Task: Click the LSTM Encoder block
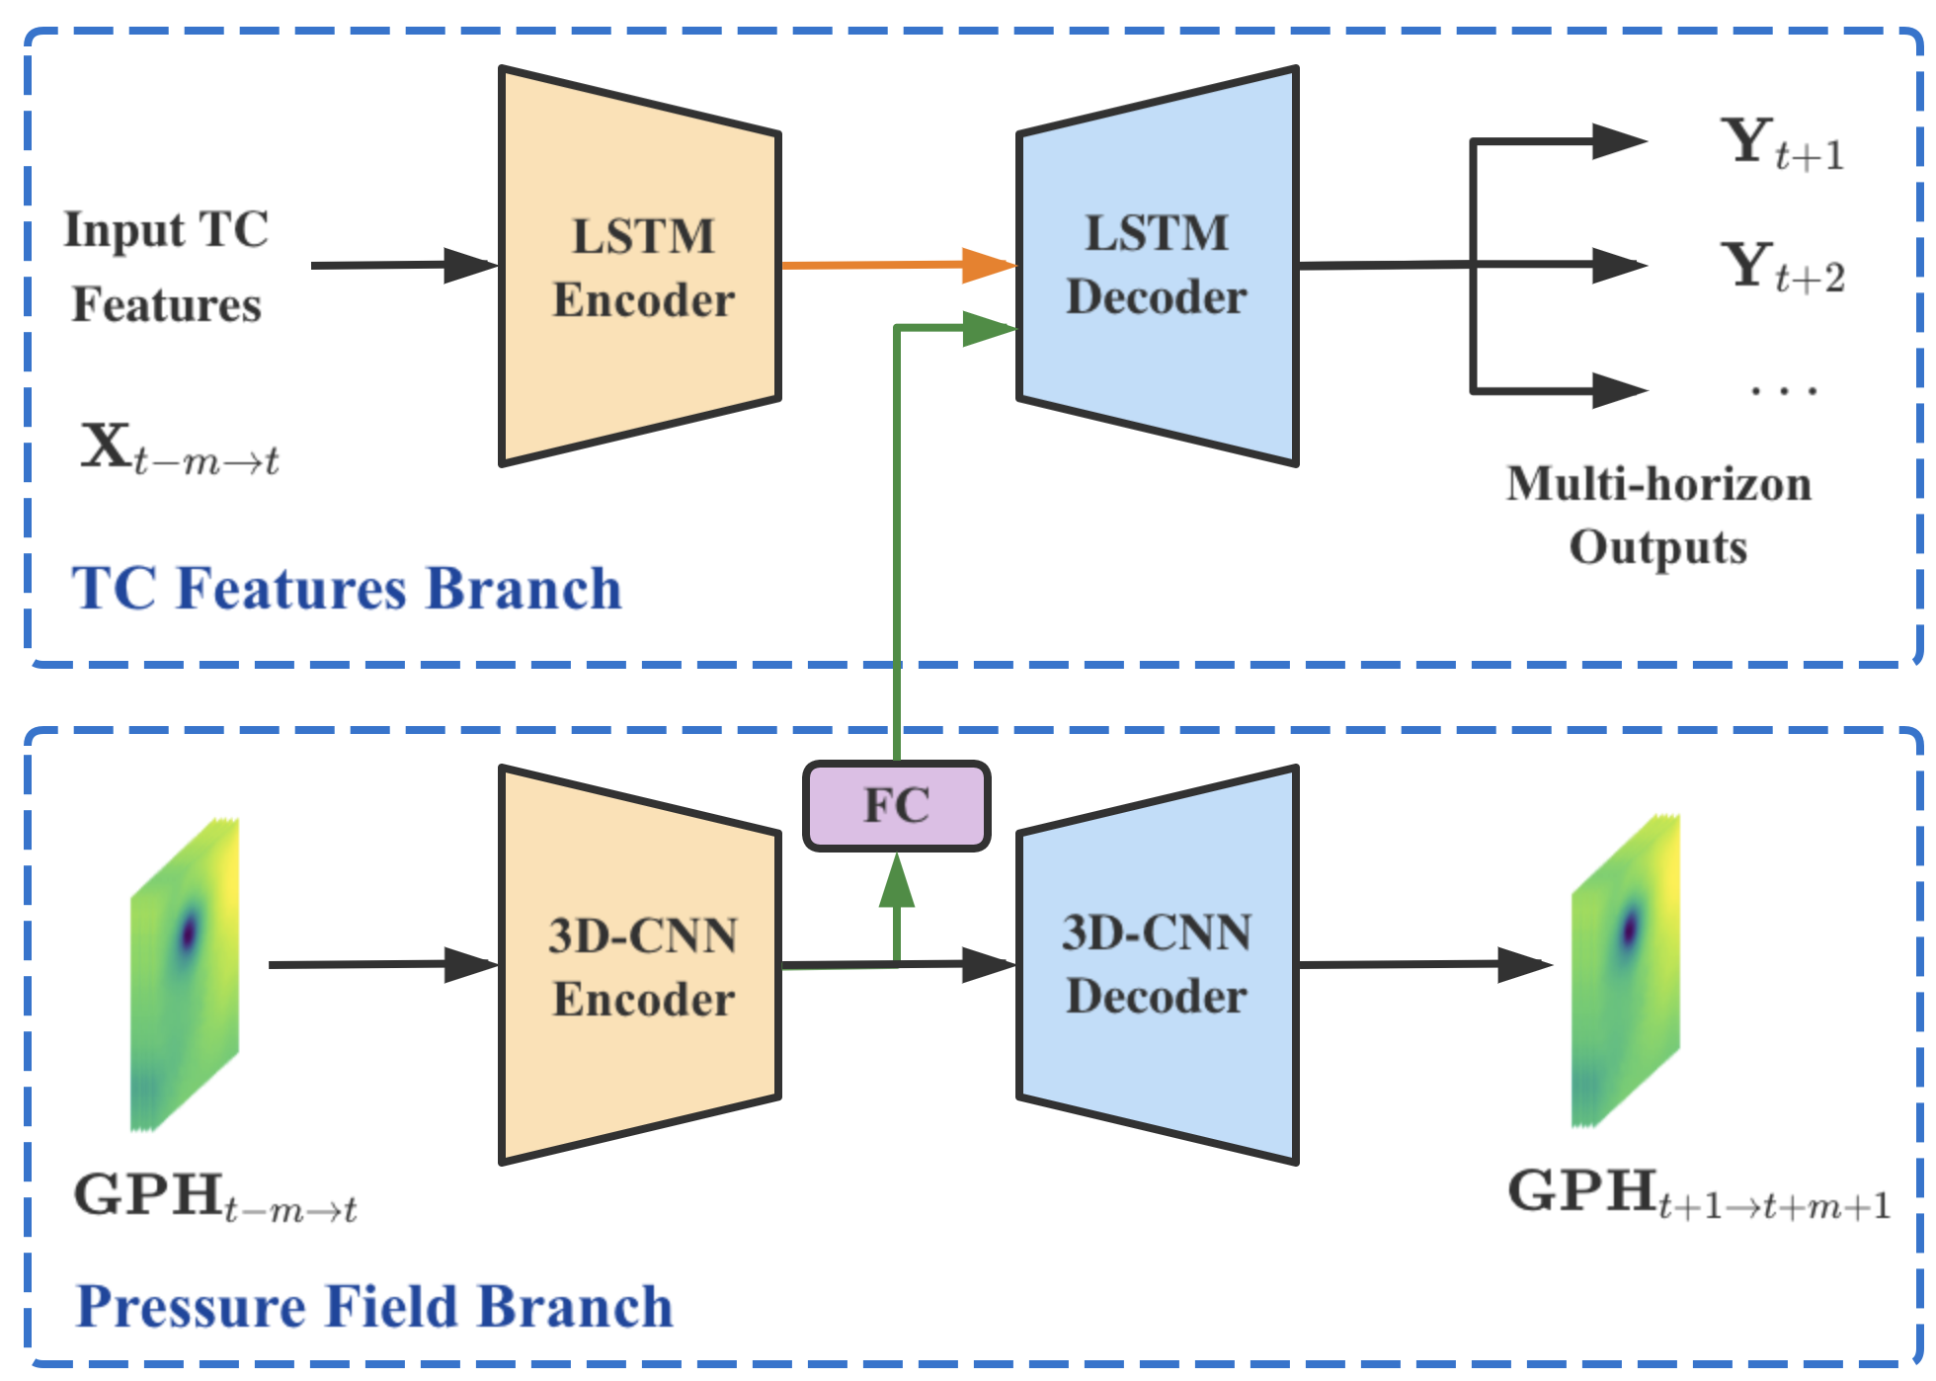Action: [640, 266]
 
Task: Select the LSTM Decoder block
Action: [1158, 266]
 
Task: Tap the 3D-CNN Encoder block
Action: [640, 965]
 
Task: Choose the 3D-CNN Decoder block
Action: [1158, 965]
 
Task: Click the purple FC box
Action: [897, 805]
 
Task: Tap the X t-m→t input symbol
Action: [180, 448]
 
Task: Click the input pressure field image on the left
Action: [185, 974]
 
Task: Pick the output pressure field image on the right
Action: [1626, 971]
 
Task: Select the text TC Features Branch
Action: [347, 589]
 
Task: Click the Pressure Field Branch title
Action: [374, 1307]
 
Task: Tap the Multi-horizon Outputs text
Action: [1659, 516]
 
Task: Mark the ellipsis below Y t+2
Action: [1784, 391]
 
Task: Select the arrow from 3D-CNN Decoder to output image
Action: [1426, 964]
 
